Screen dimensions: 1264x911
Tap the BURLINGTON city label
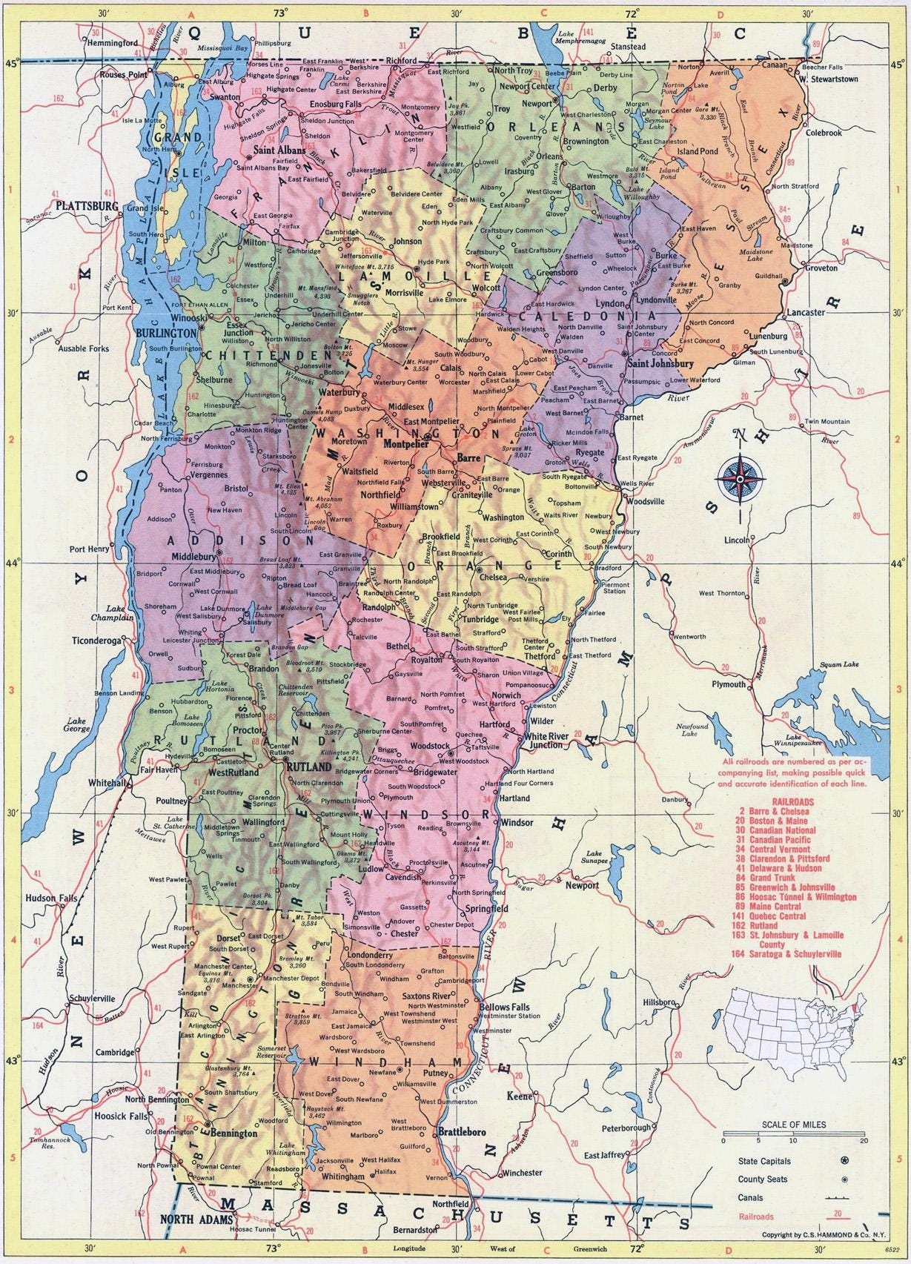(167, 332)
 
